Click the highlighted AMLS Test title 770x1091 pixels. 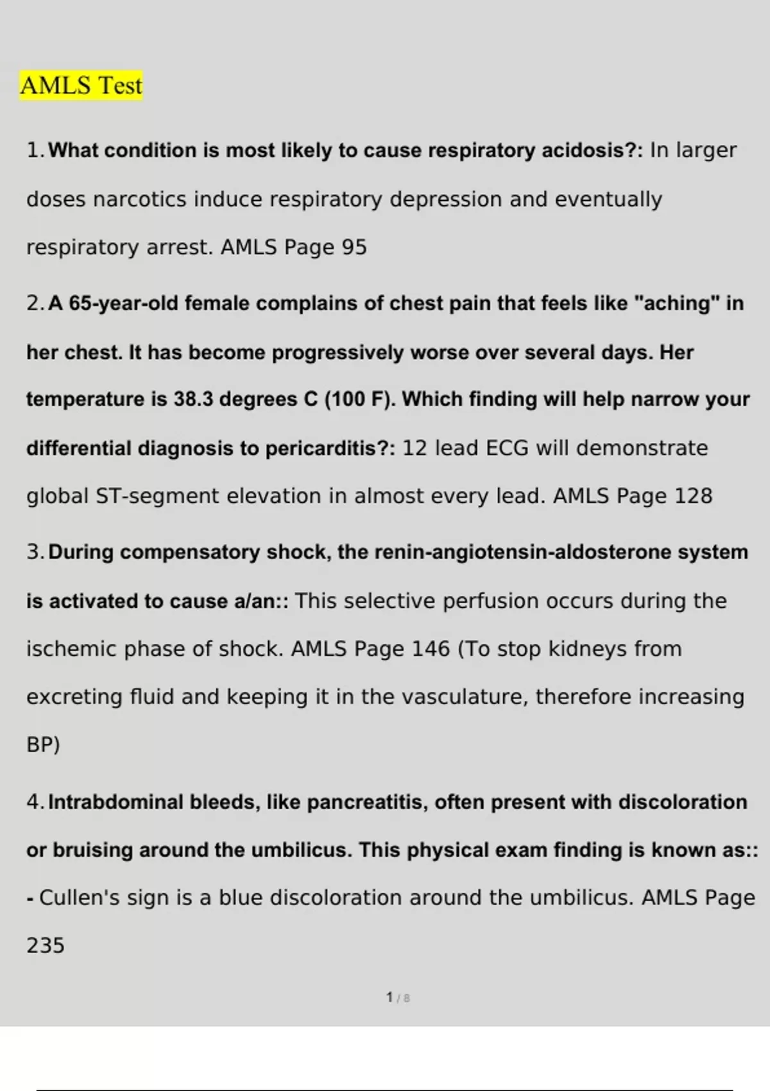tap(81, 85)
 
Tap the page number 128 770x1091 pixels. tap(694, 496)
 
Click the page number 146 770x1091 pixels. tap(431, 649)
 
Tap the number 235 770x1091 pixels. tap(46, 945)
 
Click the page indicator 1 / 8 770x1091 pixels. tap(398, 998)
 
